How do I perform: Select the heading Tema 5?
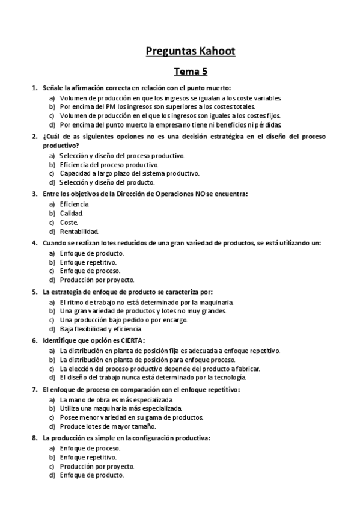click(x=191, y=72)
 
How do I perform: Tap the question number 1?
click(x=34, y=88)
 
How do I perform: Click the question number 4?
click(x=34, y=243)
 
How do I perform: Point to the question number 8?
click(x=34, y=438)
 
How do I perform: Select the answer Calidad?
click(x=72, y=213)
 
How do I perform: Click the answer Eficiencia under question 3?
click(x=74, y=204)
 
